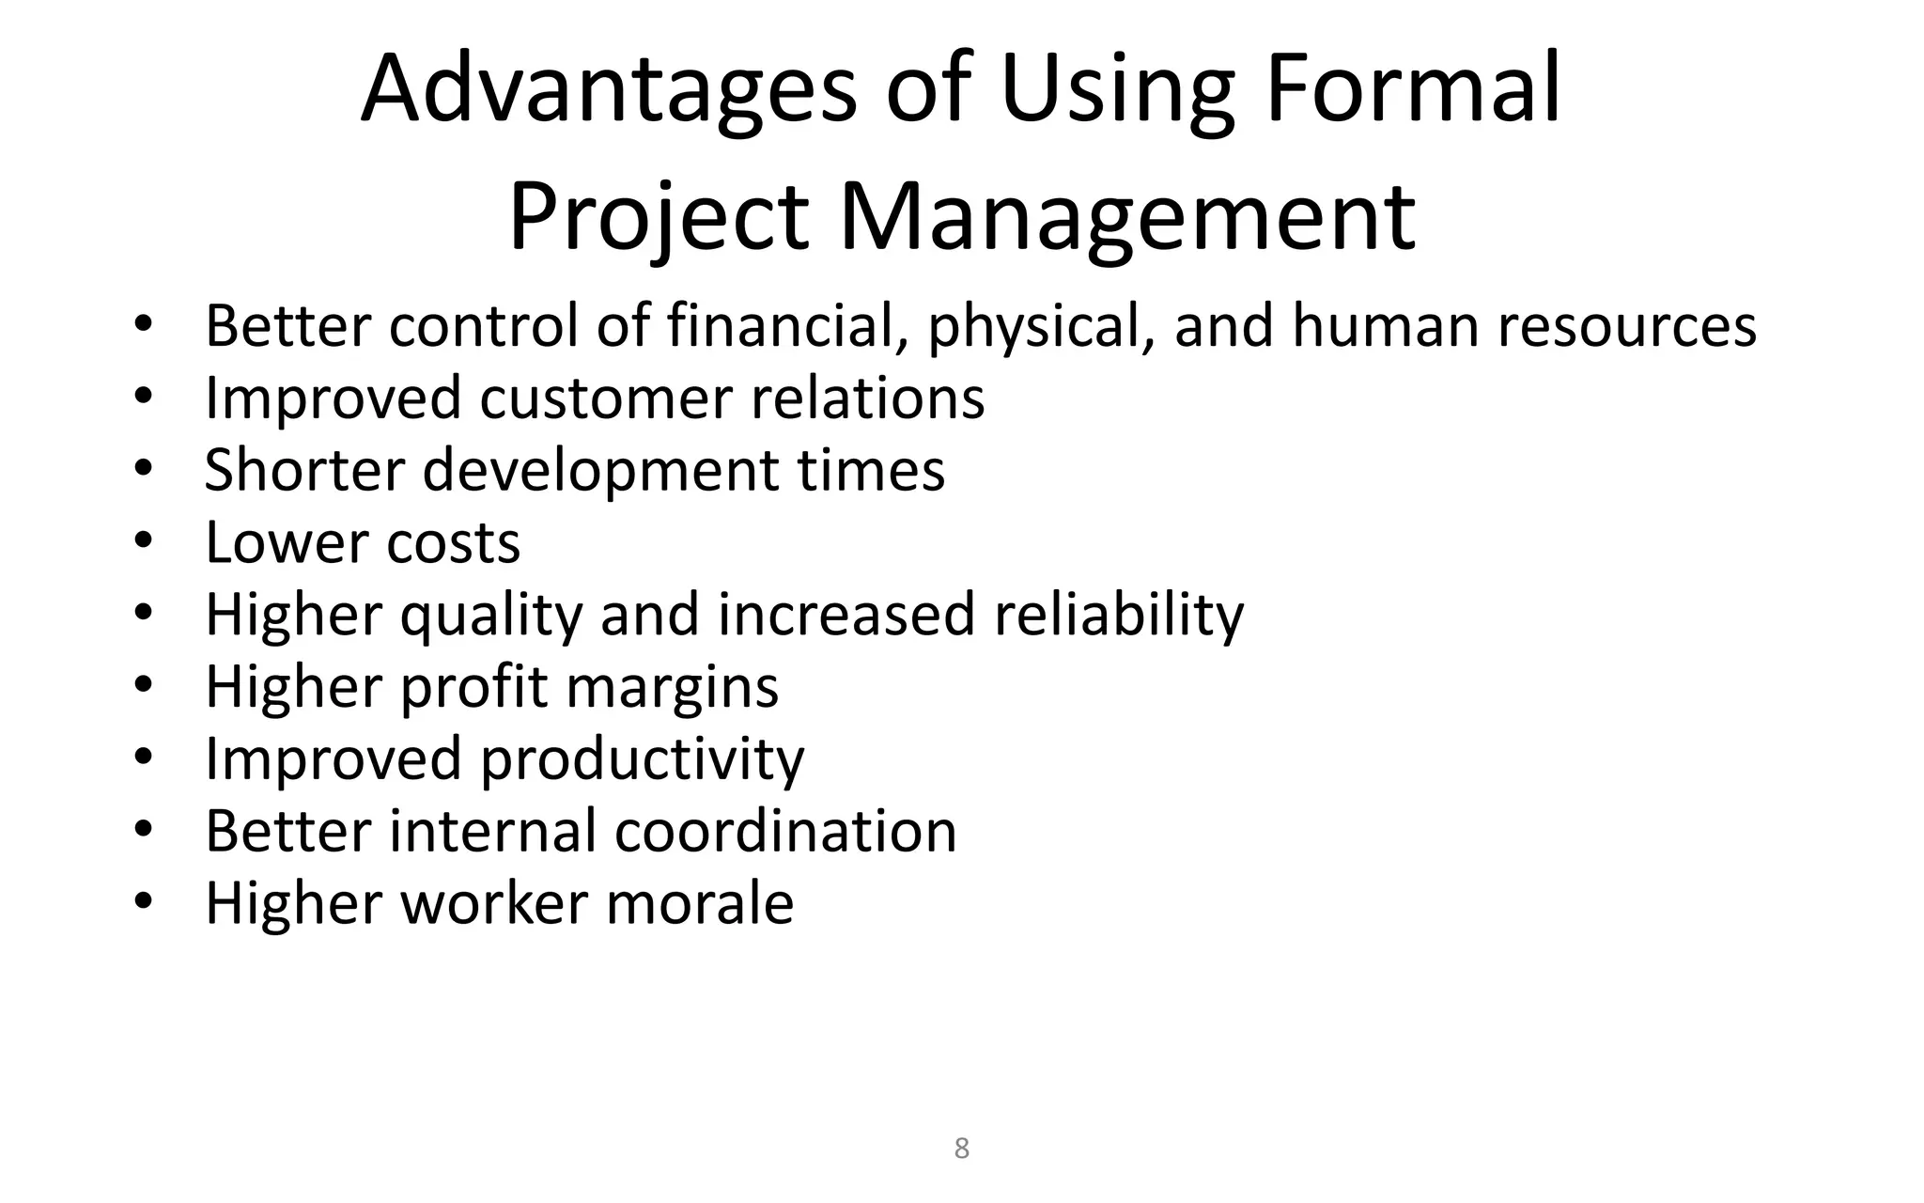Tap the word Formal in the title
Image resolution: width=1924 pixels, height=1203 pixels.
1413,89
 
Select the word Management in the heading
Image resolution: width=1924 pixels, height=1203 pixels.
1126,218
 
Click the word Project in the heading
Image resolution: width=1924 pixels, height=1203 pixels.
659,218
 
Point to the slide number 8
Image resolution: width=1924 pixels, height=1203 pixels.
961,1148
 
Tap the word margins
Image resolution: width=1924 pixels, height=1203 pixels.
673,687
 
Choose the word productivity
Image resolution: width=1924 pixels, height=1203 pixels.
643,759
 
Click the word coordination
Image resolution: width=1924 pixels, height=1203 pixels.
785,832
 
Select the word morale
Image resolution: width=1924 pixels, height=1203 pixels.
700,903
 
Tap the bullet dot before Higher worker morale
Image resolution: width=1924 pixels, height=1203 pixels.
143,902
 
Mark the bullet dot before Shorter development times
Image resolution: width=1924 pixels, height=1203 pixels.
143,469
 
